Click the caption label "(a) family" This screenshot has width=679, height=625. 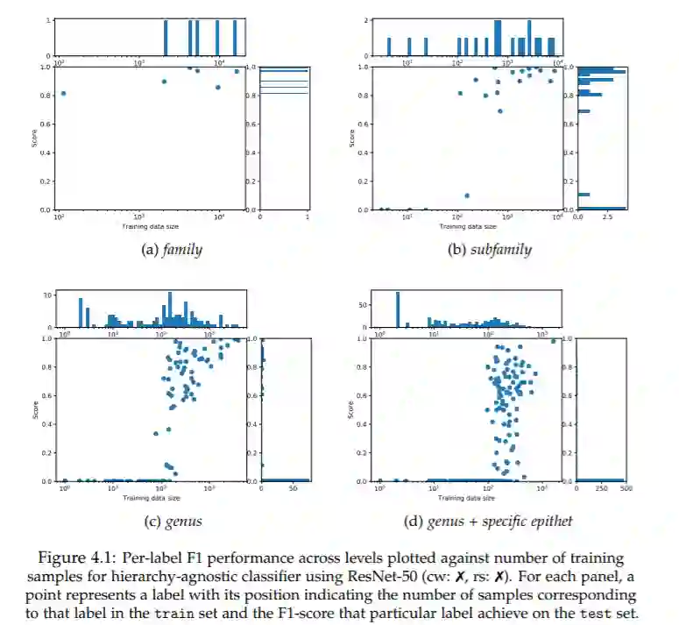click(x=172, y=250)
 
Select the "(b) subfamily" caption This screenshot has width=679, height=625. click(x=490, y=250)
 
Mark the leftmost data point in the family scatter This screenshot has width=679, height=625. click(x=63, y=94)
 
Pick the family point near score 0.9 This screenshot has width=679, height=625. click(x=164, y=82)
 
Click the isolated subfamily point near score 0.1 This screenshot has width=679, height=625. click(x=467, y=195)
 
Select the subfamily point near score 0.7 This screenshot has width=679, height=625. click(x=500, y=111)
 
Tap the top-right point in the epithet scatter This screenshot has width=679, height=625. click(x=554, y=341)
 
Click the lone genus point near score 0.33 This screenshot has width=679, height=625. click(x=156, y=433)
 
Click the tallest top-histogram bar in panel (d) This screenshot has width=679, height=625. click(x=398, y=309)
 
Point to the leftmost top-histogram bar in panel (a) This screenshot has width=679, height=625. click(x=166, y=38)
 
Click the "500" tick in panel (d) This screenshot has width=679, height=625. click(x=626, y=487)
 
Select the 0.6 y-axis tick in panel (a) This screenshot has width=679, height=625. click(x=46, y=124)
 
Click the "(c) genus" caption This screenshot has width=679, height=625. click(x=172, y=522)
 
